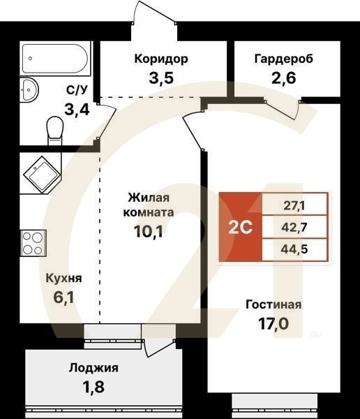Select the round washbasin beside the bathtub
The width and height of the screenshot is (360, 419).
pyautogui.click(x=30, y=90)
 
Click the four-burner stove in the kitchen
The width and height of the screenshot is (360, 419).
pyautogui.click(x=31, y=244)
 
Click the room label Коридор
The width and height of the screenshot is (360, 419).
pyautogui.click(x=162, y=59)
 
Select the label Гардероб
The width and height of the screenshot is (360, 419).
pyautogui.click(x=284, y=59)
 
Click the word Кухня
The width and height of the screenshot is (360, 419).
pyautogui.click(x=63, y=278)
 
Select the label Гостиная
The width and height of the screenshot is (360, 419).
pyautogui.click(x=273, y=304)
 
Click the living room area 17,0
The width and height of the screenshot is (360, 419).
pyautogui.click(x=273, y=324)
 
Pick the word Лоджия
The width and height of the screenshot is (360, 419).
pyautogui.click(x=93, y=368)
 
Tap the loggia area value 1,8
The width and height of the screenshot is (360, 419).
pyautogui.click(x=93, y=386)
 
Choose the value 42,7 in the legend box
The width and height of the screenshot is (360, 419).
pyautogui.click(x=294, y=227)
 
